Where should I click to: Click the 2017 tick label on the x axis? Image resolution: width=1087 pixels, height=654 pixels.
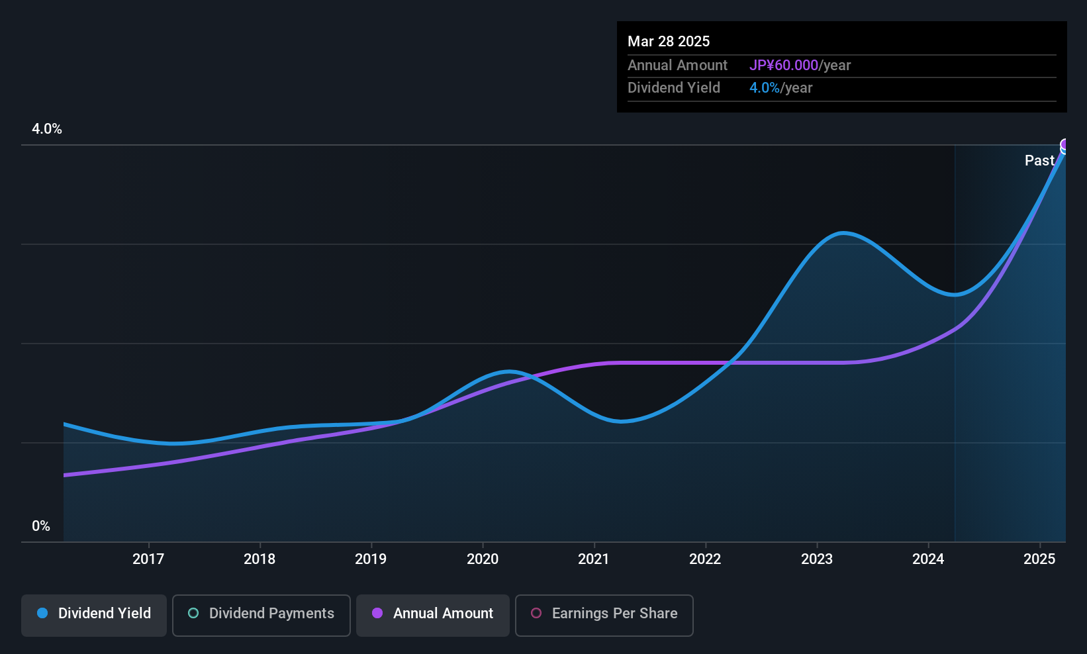point(148,559)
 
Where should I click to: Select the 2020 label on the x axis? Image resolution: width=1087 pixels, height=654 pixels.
point(483,559)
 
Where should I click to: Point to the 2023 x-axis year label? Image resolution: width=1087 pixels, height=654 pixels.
point(817,559)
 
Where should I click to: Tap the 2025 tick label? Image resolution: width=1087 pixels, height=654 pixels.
point(1039,559)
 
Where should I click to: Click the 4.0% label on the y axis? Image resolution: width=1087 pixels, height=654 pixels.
point(47,129)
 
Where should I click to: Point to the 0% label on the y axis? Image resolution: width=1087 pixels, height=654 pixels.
point(41,526)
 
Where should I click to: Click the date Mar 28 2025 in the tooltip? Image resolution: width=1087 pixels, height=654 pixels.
point(669,41)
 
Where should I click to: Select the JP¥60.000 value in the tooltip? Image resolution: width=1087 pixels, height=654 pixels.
point(784,65)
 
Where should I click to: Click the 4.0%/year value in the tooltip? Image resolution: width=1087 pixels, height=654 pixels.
point(780,88)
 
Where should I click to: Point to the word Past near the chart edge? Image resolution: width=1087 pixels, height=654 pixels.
point(1039,160)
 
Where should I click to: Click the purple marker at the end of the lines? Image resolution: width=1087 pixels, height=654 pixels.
point(1064,145)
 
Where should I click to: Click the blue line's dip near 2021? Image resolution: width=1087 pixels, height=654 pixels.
point(620,422)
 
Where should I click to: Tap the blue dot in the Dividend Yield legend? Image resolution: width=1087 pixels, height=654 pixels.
point(42,613)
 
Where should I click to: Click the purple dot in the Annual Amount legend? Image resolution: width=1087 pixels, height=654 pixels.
point(377,613)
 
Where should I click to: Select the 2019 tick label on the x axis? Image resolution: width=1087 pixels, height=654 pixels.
point(371,559)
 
